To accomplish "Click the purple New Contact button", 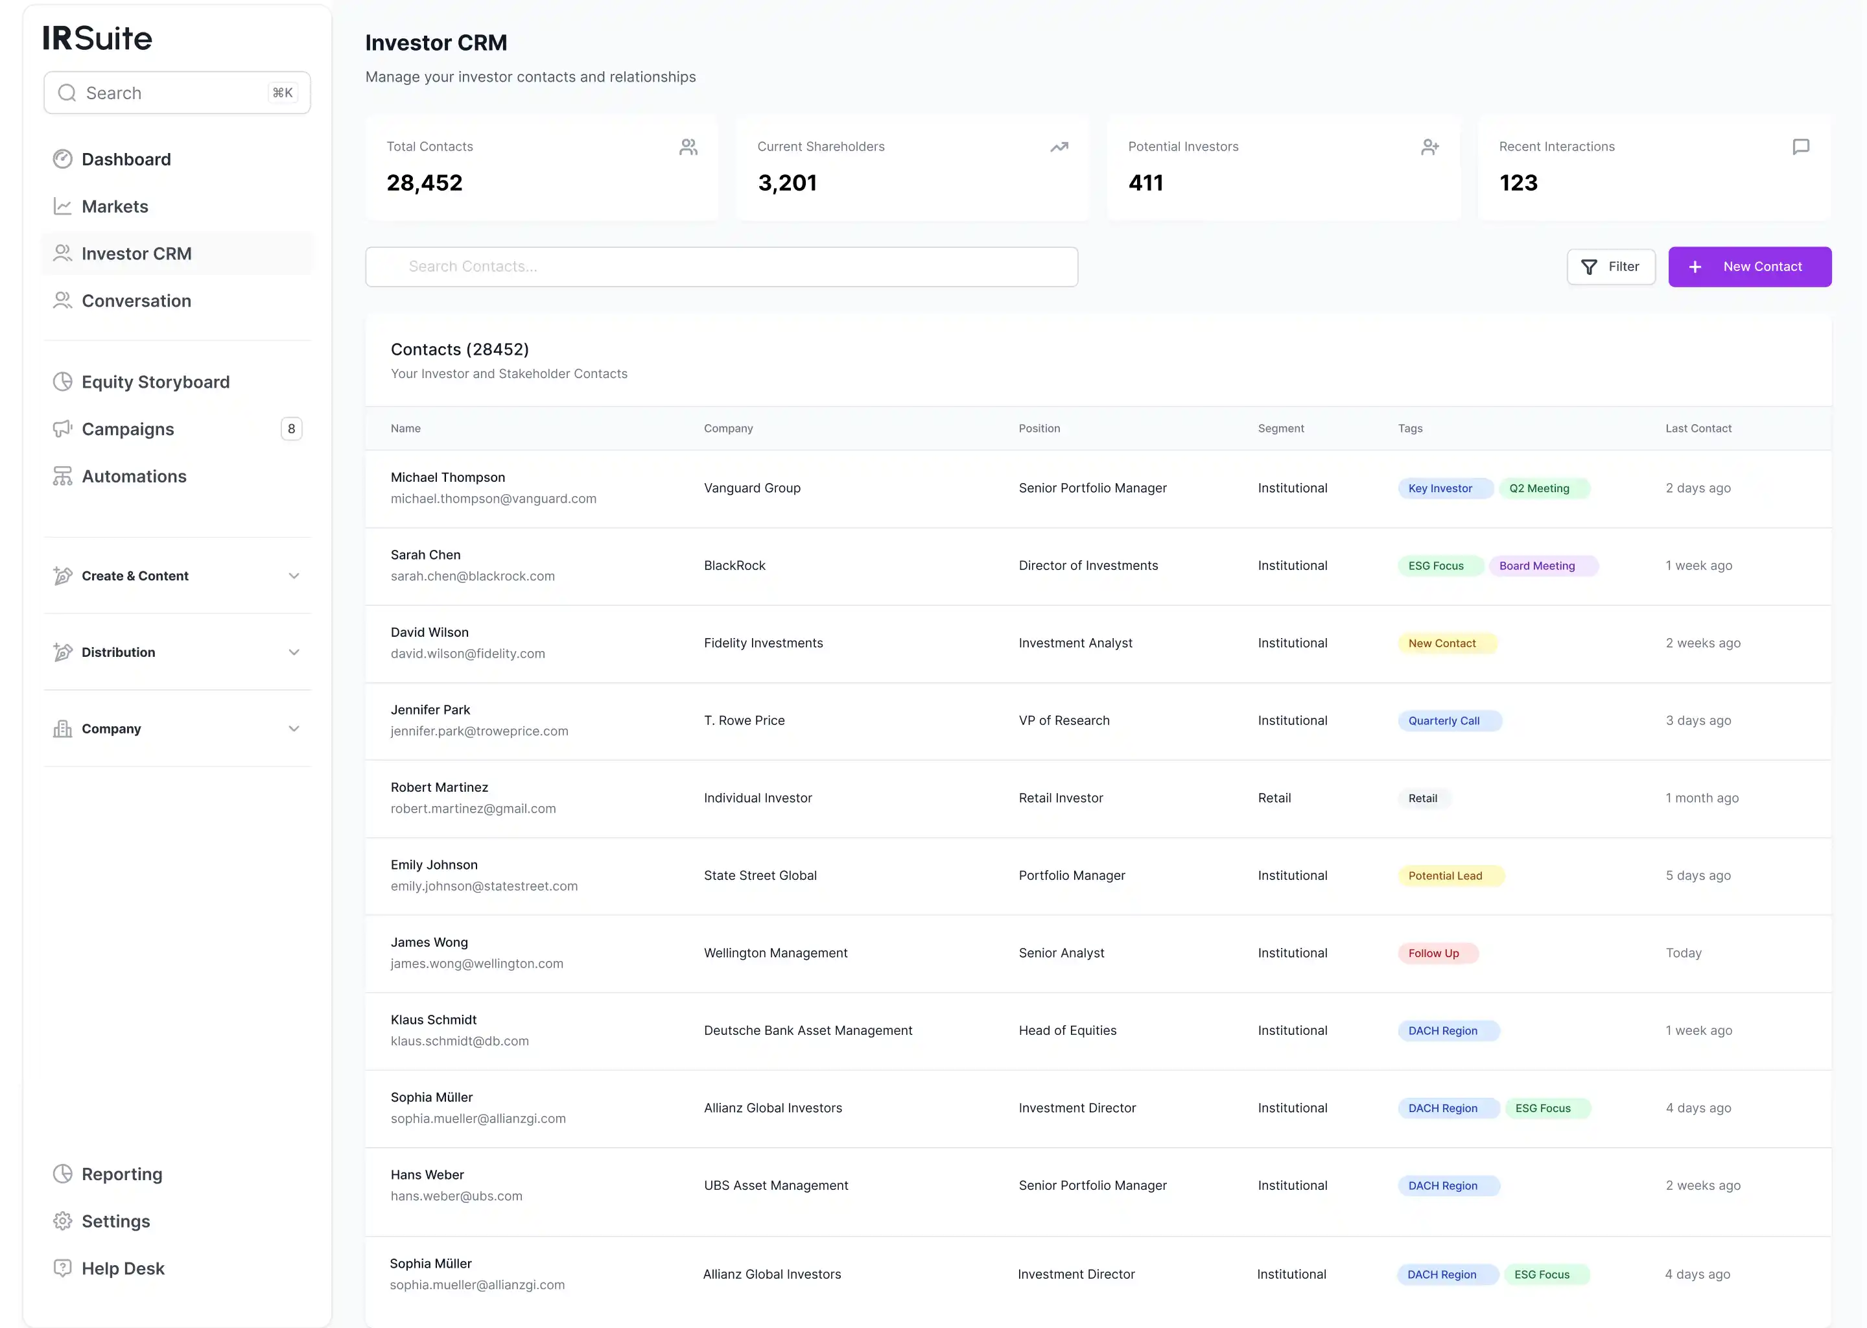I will (1748, 267).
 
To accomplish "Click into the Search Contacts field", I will (721, 267).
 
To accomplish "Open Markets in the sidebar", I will (115, 207).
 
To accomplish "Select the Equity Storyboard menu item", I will (156, 382).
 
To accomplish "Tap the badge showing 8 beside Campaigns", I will (291, 429).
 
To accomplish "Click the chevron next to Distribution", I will (294, 652).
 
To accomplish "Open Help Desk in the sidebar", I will (123, 1268).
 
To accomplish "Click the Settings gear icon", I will (63, 1221).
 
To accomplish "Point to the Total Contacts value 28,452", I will (424, 183).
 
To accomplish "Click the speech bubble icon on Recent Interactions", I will (1800, 147).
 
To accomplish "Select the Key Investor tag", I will (1440, 488).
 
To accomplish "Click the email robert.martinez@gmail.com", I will (473, 809).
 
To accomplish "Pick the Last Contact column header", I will (1698, 429).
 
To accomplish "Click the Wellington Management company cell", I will (775, 953).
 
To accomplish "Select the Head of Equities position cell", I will (1067, 1030).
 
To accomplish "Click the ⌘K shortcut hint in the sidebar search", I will (282, 93).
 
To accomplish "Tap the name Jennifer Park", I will (430, 710).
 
